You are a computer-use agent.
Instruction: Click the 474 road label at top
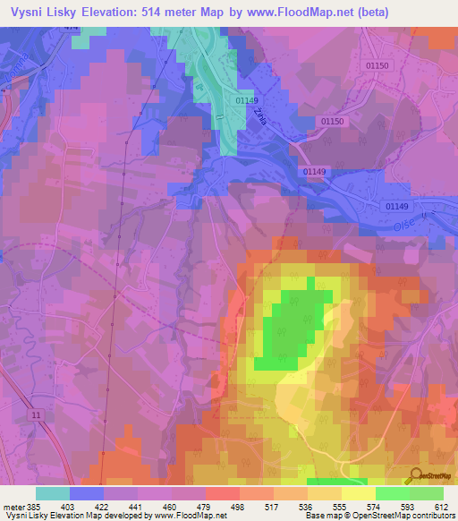point(71,29)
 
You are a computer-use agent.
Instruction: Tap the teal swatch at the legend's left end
point(53,493)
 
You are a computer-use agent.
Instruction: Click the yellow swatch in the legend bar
point(358,493)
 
